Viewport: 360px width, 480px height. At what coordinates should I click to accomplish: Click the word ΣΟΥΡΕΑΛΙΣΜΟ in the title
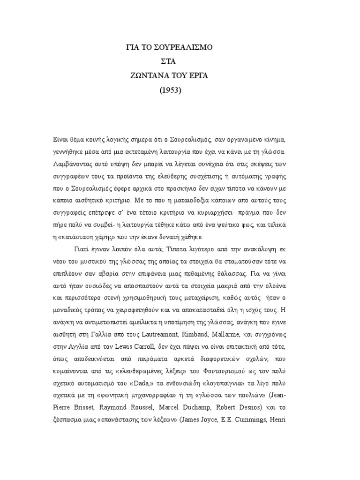click(x=185, y=47)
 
